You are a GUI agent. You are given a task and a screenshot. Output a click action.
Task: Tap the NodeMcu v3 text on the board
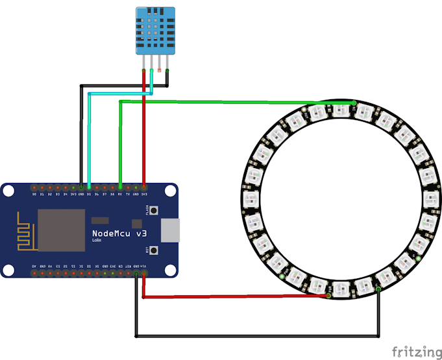(119, 233)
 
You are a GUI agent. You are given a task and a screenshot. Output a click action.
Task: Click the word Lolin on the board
(97, 241)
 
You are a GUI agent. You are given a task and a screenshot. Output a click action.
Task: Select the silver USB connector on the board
(171, 230)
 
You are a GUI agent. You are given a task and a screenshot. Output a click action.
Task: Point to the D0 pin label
(34, 194)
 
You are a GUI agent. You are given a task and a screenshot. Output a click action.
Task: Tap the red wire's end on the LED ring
(329, 297)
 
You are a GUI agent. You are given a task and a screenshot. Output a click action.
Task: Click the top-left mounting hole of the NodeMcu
(8, 190)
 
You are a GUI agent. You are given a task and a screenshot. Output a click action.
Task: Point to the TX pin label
(128, 194)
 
